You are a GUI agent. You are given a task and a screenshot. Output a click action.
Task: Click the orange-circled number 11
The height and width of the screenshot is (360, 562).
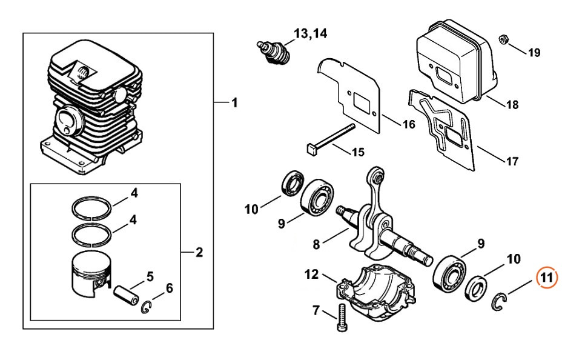point(547,279)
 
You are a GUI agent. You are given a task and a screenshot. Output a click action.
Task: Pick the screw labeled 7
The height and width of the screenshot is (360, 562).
point(340,319)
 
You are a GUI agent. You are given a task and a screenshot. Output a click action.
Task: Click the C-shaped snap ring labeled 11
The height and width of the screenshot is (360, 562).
point(499,301)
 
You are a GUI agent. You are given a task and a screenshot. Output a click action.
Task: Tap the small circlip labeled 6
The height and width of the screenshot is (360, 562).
point(146,307)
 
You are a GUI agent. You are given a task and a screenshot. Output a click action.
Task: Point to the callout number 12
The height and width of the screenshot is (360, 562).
point(311,275)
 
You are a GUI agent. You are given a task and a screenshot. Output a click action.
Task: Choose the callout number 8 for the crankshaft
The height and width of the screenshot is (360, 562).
point(316,244)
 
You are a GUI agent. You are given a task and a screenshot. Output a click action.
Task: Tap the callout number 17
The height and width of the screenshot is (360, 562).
point(512,161)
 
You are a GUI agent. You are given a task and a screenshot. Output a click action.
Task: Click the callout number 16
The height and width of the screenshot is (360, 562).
point(409,124)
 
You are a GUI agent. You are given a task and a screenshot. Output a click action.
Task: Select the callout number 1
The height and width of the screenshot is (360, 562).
point(234,102)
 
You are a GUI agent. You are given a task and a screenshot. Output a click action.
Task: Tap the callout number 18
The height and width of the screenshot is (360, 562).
point(512,104)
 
